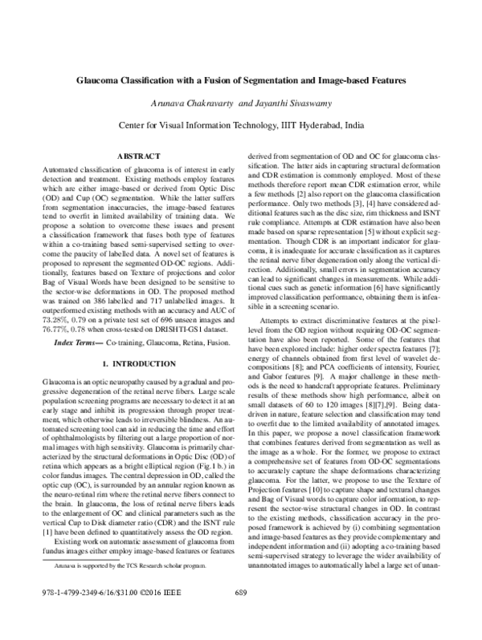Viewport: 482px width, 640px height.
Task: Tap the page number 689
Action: tap(241, 615)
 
